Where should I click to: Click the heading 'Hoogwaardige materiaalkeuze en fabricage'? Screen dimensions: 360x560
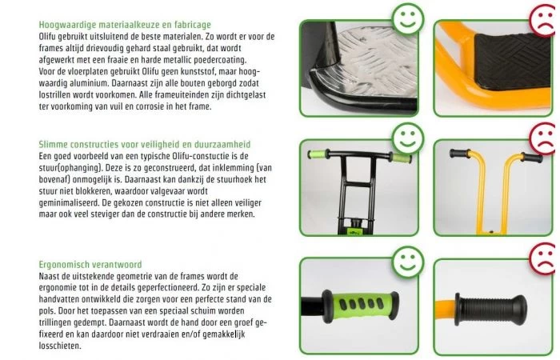coord(125,26)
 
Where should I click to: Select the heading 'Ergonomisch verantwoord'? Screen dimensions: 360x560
coord(90,264)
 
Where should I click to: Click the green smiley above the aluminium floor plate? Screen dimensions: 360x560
coord(408,18)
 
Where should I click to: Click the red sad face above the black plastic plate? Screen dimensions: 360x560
coord(542,18)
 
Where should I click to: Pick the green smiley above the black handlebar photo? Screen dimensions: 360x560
coord(408,137)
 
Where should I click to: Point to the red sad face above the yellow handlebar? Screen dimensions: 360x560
coord(542,136)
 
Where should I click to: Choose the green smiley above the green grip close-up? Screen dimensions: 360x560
coord(408,260)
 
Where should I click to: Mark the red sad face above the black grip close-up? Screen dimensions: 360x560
coord(542,260)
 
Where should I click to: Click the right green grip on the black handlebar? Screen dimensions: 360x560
coord(398,157)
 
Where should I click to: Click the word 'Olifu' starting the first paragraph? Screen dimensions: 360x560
coord(51,37)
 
